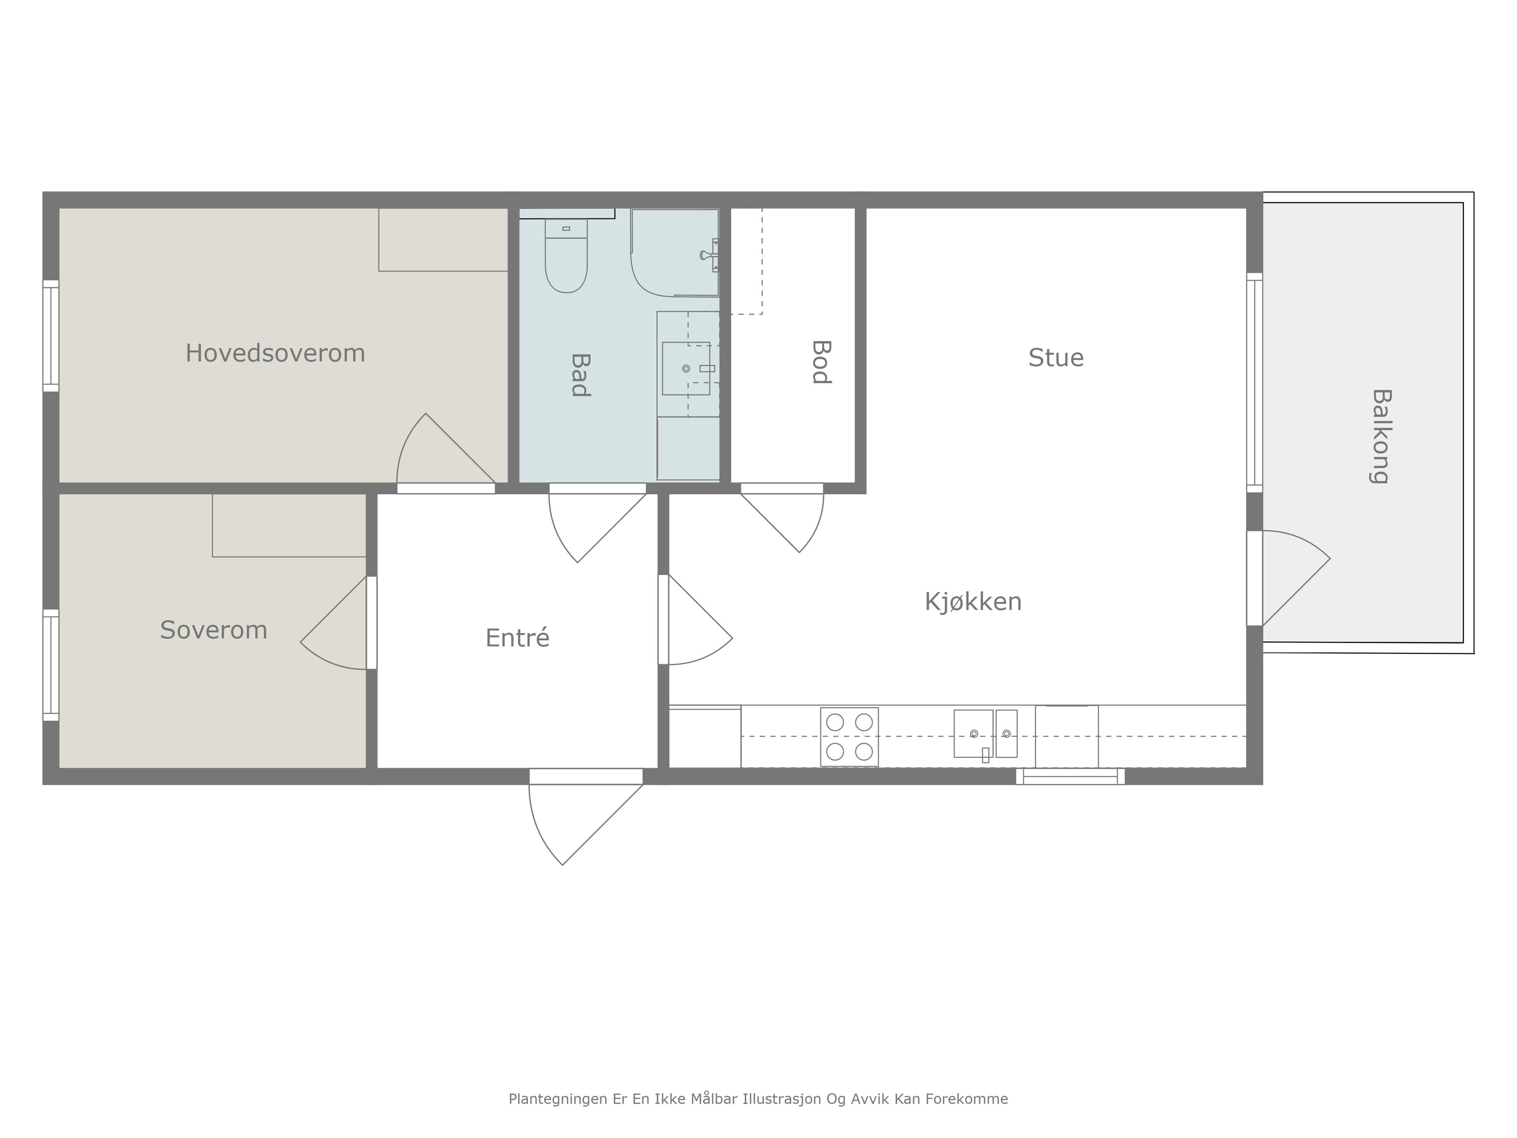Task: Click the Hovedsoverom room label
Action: [x=275, y=353]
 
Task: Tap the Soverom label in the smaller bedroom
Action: [x=214, y=630]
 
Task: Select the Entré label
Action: [x=517, y=637]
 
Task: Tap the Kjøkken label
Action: [x=973, y=601]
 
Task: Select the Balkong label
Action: [x=1381, y=436]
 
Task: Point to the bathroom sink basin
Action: [x=686, y=368]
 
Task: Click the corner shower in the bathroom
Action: [x=675, y=252]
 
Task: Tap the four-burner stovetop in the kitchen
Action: [x=850, y=737]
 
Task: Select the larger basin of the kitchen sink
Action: [x=973, y=733]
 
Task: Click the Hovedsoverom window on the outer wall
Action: [x=51, y=336]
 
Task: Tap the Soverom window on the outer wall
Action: [x=51, y=665]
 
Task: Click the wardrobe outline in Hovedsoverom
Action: [x=443, y=239]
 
